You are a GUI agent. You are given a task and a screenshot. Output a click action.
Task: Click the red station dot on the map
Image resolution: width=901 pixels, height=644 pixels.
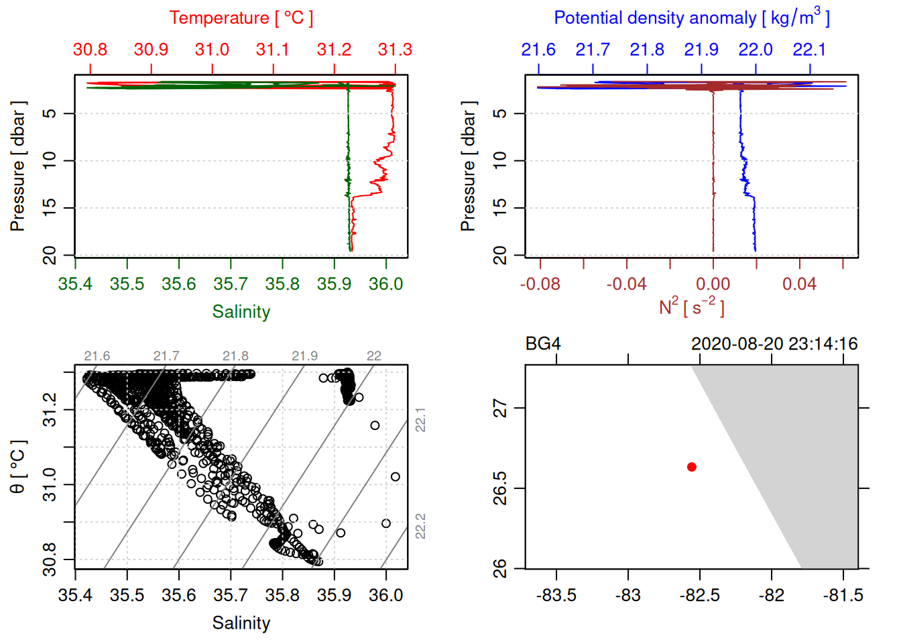pos(692,467)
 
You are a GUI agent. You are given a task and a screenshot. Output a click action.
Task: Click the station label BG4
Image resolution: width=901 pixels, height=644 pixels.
pos(543,344)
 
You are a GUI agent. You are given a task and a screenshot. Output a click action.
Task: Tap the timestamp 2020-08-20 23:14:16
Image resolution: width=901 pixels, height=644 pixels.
pos(774,344)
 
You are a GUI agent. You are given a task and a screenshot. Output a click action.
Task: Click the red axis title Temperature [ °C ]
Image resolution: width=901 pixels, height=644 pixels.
pos(241,18)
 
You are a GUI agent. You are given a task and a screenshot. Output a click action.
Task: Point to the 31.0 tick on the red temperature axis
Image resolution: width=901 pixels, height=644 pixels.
pos(212,50)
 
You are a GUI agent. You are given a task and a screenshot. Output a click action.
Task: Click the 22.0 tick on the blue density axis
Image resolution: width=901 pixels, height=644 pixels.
pos(756,50)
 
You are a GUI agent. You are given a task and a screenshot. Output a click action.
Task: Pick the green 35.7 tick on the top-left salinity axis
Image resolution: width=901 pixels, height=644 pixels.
pos(231,284)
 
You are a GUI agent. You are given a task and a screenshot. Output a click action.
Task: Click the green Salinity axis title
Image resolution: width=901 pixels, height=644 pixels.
pos(241,312)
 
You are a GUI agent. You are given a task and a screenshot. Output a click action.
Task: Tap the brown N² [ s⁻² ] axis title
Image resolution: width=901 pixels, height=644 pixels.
pos(692,307)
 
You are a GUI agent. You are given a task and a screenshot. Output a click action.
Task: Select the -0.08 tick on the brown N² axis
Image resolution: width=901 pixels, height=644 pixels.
pos(540,284)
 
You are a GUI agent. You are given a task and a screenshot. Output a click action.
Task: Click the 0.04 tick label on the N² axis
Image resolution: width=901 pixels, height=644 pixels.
pos(799,284)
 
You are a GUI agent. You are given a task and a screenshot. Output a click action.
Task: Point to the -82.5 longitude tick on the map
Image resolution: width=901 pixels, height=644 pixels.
pos(700,595)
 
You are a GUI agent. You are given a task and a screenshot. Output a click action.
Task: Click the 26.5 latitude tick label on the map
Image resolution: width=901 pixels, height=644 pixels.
pos(500,488)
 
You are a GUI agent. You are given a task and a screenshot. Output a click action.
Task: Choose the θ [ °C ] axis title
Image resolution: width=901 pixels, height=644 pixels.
pos(17,467)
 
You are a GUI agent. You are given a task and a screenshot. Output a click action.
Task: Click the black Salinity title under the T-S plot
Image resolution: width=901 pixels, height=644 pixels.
pos(241,623)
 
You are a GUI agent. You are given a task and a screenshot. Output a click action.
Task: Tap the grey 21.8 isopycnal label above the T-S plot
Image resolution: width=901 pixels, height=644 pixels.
pos(235,356)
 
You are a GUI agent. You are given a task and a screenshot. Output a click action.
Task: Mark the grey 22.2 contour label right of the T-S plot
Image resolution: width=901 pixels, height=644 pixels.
pos(420,526)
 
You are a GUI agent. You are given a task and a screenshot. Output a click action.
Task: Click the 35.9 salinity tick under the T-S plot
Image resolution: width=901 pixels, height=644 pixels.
pos(334,595)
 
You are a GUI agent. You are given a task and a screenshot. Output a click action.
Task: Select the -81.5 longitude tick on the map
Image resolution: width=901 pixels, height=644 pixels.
pos(843,595)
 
